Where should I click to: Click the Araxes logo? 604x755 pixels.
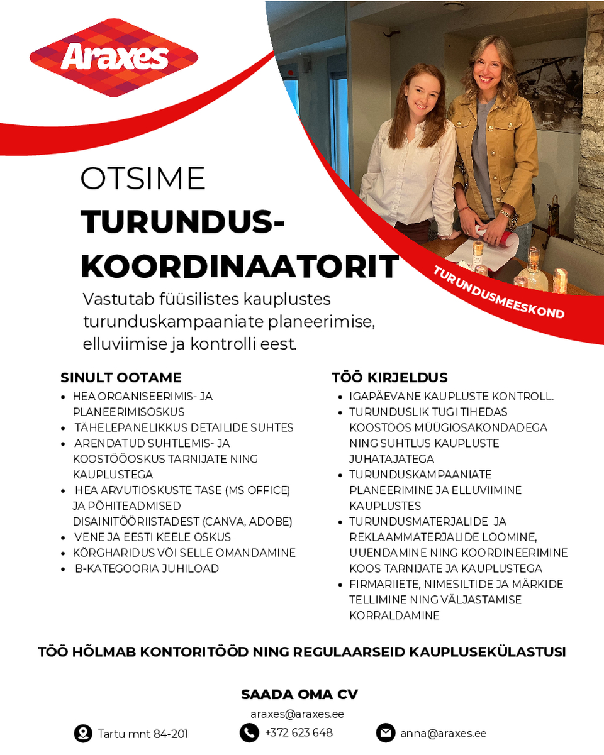click(114, 58)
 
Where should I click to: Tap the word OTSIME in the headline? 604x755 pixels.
click(143, 179)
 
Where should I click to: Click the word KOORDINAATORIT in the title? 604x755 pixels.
click(239, 267)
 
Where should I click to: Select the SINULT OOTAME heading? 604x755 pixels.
click(121, 378)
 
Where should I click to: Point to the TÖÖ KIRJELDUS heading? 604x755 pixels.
click(389, 378)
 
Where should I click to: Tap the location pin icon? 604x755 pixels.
click(83, 733)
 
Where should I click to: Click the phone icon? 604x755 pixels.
click(249, 732)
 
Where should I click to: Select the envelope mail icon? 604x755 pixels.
click(385, 733)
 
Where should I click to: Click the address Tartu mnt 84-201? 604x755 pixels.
click(143, 734)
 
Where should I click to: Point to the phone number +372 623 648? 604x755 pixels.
click(298, 732)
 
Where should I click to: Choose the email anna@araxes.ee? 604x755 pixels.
click(443, 733)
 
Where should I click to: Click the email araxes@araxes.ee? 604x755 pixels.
click(297, 714)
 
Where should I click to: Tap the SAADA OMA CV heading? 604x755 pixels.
click(299, 695)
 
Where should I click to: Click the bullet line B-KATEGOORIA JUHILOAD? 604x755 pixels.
click(147, 568)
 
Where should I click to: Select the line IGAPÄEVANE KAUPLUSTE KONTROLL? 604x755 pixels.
click(451, 397)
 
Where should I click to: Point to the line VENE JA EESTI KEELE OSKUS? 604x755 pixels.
click(152, 537)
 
